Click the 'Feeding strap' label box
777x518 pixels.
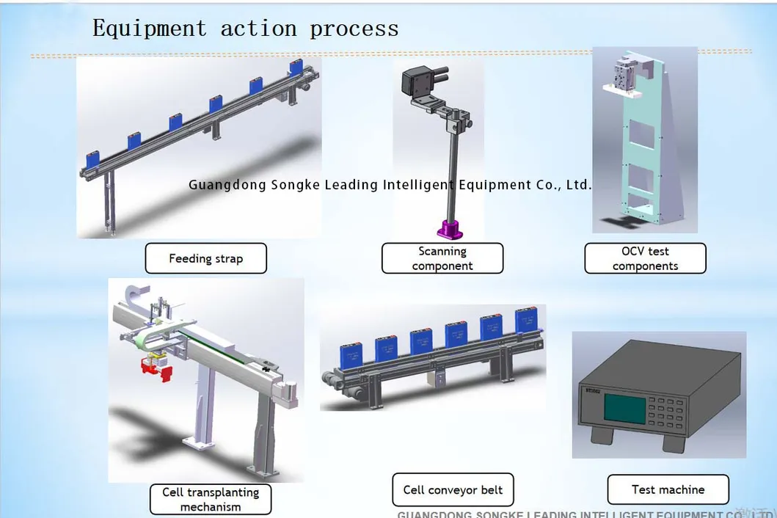pyautogui.click(x=205, y=258)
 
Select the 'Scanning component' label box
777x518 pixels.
pyautogui.click(x=442, y=258)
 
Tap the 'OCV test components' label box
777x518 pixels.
pyautogui.click(x=645, y=258)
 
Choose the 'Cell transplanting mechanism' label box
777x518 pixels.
pyautogui.click(x=211, y=499)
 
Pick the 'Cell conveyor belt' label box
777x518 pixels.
pyautogui.click(x=453, y=490)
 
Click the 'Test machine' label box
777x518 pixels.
pyautogui.click(x=668, y=489)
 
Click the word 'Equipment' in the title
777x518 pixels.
pyautogui.click(x=150, y=29)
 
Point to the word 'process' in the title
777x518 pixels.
pyautogui.click(x=354, y=30)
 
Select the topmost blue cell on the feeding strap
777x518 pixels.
pyautogui.click(x=296, y=68)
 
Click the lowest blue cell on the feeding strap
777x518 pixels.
pyautogui.click(x=93, y=158)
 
